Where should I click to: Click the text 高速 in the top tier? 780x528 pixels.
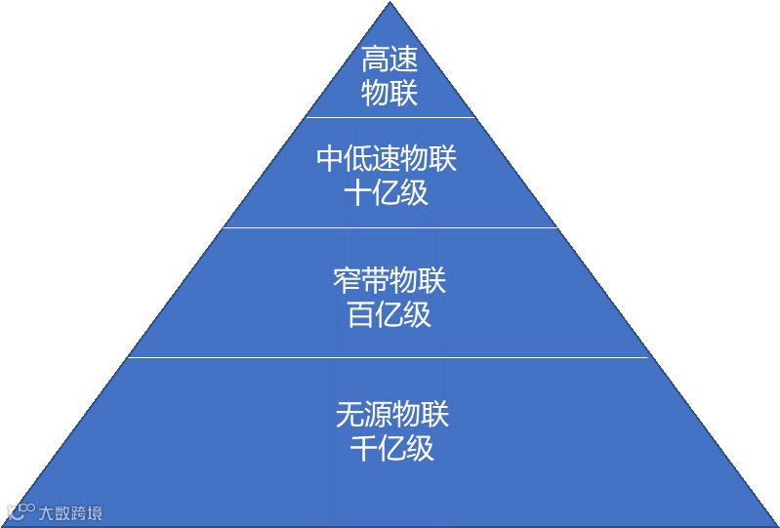(390, 61)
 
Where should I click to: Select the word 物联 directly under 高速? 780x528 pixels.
(390, 93)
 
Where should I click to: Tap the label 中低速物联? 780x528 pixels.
(387, 158)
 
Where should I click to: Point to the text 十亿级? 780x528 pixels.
(387, 192)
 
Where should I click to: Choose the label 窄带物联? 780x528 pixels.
(390, 281)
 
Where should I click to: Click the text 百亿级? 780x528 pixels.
(389, 314)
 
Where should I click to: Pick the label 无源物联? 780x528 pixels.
(391, 414)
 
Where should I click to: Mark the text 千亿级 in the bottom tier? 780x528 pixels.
(391, 448)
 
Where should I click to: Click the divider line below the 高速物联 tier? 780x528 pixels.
(390, 117)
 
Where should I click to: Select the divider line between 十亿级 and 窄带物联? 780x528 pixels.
(390, 227)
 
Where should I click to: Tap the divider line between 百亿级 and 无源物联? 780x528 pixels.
(390, 357)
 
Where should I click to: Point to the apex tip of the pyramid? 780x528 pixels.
(390, 4)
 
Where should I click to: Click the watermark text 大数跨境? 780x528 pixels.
(70, 512)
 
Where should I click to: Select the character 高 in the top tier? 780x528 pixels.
(376, 61)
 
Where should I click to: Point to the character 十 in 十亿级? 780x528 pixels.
(358, 192)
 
